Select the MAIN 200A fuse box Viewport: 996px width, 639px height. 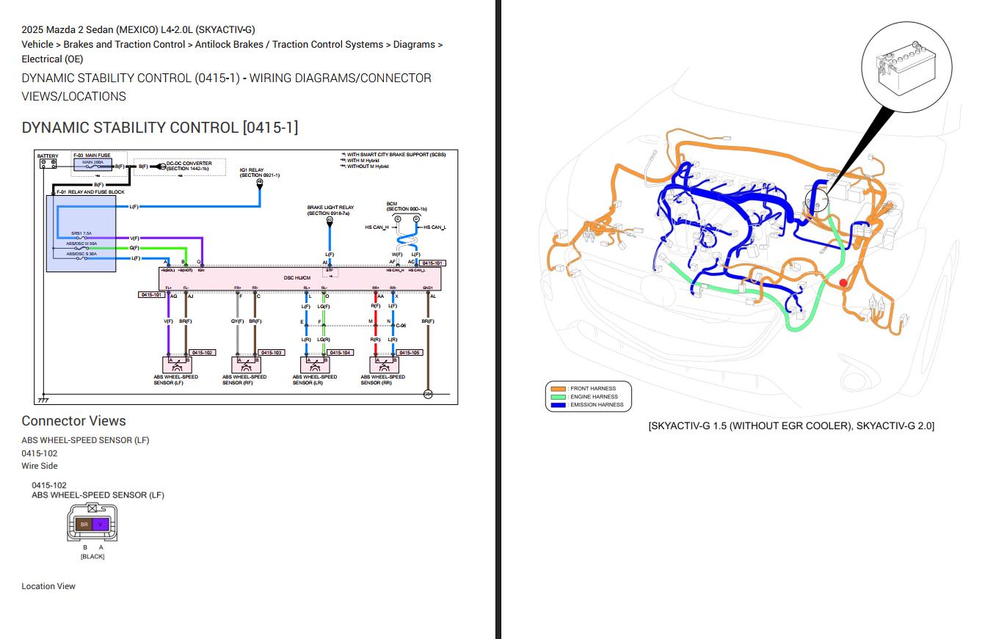tap(92, 165)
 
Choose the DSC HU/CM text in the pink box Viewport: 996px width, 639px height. tap(297, 278)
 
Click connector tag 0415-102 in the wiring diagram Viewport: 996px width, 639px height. tap(202, 353)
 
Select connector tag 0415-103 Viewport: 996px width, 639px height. tap(271, 353)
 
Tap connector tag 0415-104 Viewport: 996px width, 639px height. tap(340, 353)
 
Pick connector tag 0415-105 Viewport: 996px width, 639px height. tap(410, 353)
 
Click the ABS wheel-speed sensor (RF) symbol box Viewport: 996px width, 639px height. tap(246, 365)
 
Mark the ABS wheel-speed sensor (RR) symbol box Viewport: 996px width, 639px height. tap(384, 365)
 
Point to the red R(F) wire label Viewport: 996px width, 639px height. tap(375, 306)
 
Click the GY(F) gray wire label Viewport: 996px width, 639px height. tap(237, 321)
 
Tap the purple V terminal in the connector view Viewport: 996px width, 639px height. tap(101, 525)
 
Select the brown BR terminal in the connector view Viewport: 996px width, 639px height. tap(84, 525)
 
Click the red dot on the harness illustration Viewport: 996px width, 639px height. tap(843, 282)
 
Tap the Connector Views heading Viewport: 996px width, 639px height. tap(73, 421)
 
